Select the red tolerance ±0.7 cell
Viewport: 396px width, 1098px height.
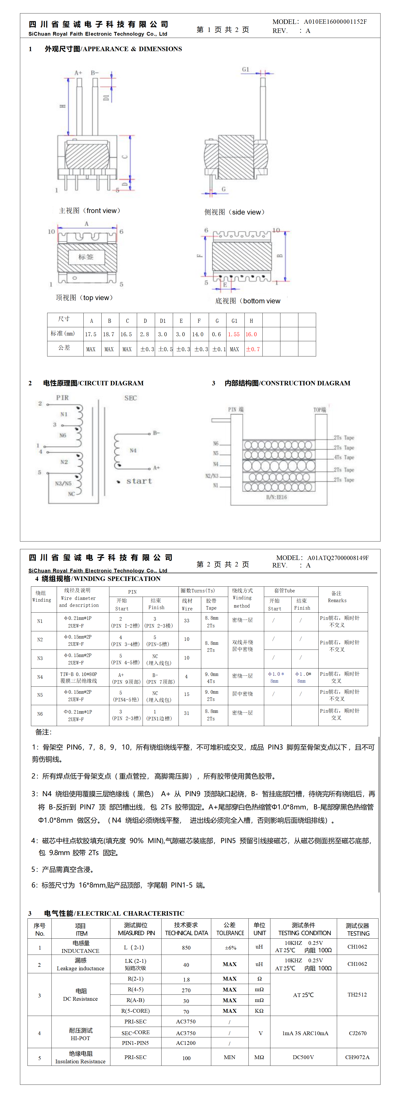(253, 349)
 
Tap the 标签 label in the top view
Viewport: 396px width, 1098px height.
(86, 257)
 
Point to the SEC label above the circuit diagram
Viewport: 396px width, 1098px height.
(131, 398)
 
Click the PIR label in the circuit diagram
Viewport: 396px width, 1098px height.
(62, 398)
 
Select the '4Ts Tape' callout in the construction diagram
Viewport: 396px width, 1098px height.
(344, 457)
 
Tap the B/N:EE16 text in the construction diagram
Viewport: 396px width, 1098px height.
(276, 497)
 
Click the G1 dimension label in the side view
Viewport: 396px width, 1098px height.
(245, 70)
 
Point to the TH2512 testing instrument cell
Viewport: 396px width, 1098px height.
(357, 994)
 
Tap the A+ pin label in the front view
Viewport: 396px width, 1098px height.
(78, 73)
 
